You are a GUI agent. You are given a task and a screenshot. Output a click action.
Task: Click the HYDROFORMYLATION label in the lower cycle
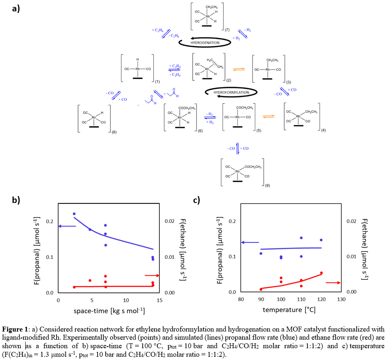click(x=231, y=93)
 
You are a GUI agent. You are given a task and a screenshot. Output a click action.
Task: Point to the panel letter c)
click(x=196, y=200)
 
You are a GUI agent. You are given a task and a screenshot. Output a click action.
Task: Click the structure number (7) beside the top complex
click(x=227, y=30)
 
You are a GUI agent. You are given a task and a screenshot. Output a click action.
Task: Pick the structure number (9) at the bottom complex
click(x=267, y=185)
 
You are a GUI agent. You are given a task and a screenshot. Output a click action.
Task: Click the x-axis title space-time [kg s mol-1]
click(x=109, y=311)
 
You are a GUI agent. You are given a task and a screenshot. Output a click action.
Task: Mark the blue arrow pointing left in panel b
click(x=68, y=226)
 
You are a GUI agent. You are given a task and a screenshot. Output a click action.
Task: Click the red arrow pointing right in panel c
click(x=333, y=282)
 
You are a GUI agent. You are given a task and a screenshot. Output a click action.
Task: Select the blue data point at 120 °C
click(x=321, y=240)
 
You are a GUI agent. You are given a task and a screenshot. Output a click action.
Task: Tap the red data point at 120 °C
click(x=321, y=273)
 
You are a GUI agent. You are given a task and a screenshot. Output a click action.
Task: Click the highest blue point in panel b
click(x=74, y=214)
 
